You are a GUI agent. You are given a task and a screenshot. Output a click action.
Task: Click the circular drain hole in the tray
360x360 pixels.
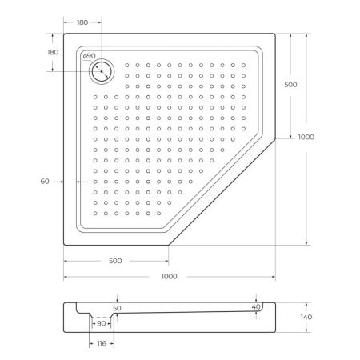(101, 70)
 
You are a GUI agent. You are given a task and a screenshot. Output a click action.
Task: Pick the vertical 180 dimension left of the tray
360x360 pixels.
(53, 52)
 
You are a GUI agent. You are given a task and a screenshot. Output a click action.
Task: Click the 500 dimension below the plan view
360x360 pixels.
(116, 262)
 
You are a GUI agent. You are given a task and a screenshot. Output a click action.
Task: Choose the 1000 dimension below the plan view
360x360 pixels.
(168, 276)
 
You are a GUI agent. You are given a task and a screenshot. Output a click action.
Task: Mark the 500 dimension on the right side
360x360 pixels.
(291, 84)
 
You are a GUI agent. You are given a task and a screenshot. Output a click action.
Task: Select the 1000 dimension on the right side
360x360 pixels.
(306, 137)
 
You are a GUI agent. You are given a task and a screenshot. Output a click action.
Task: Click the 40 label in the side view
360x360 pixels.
(255, 306)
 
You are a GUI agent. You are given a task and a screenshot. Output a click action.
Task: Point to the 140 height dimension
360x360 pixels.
(306, 318)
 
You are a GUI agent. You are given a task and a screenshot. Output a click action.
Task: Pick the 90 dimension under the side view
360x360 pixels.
(102, 323)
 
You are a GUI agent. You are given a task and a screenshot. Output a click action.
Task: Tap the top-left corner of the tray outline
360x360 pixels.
(64, 34)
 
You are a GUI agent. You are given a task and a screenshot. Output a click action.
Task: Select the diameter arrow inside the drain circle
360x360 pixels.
(100, 70)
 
